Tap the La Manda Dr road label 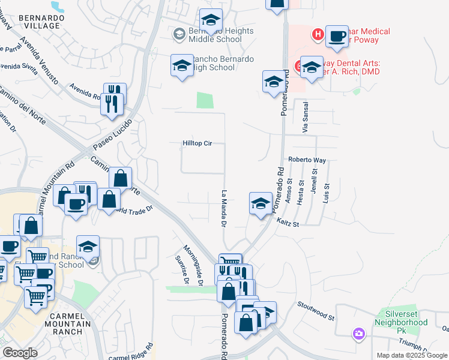(223, 209)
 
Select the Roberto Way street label (306, 160)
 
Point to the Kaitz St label (288, 223)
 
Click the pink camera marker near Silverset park (359, 334)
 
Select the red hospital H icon (318, 35)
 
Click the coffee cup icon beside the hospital (337, 37)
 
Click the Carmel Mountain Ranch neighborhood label (67, 324)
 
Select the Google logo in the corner (20, 353)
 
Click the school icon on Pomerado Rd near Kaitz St (261, 204)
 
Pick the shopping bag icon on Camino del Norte (120, 178)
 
